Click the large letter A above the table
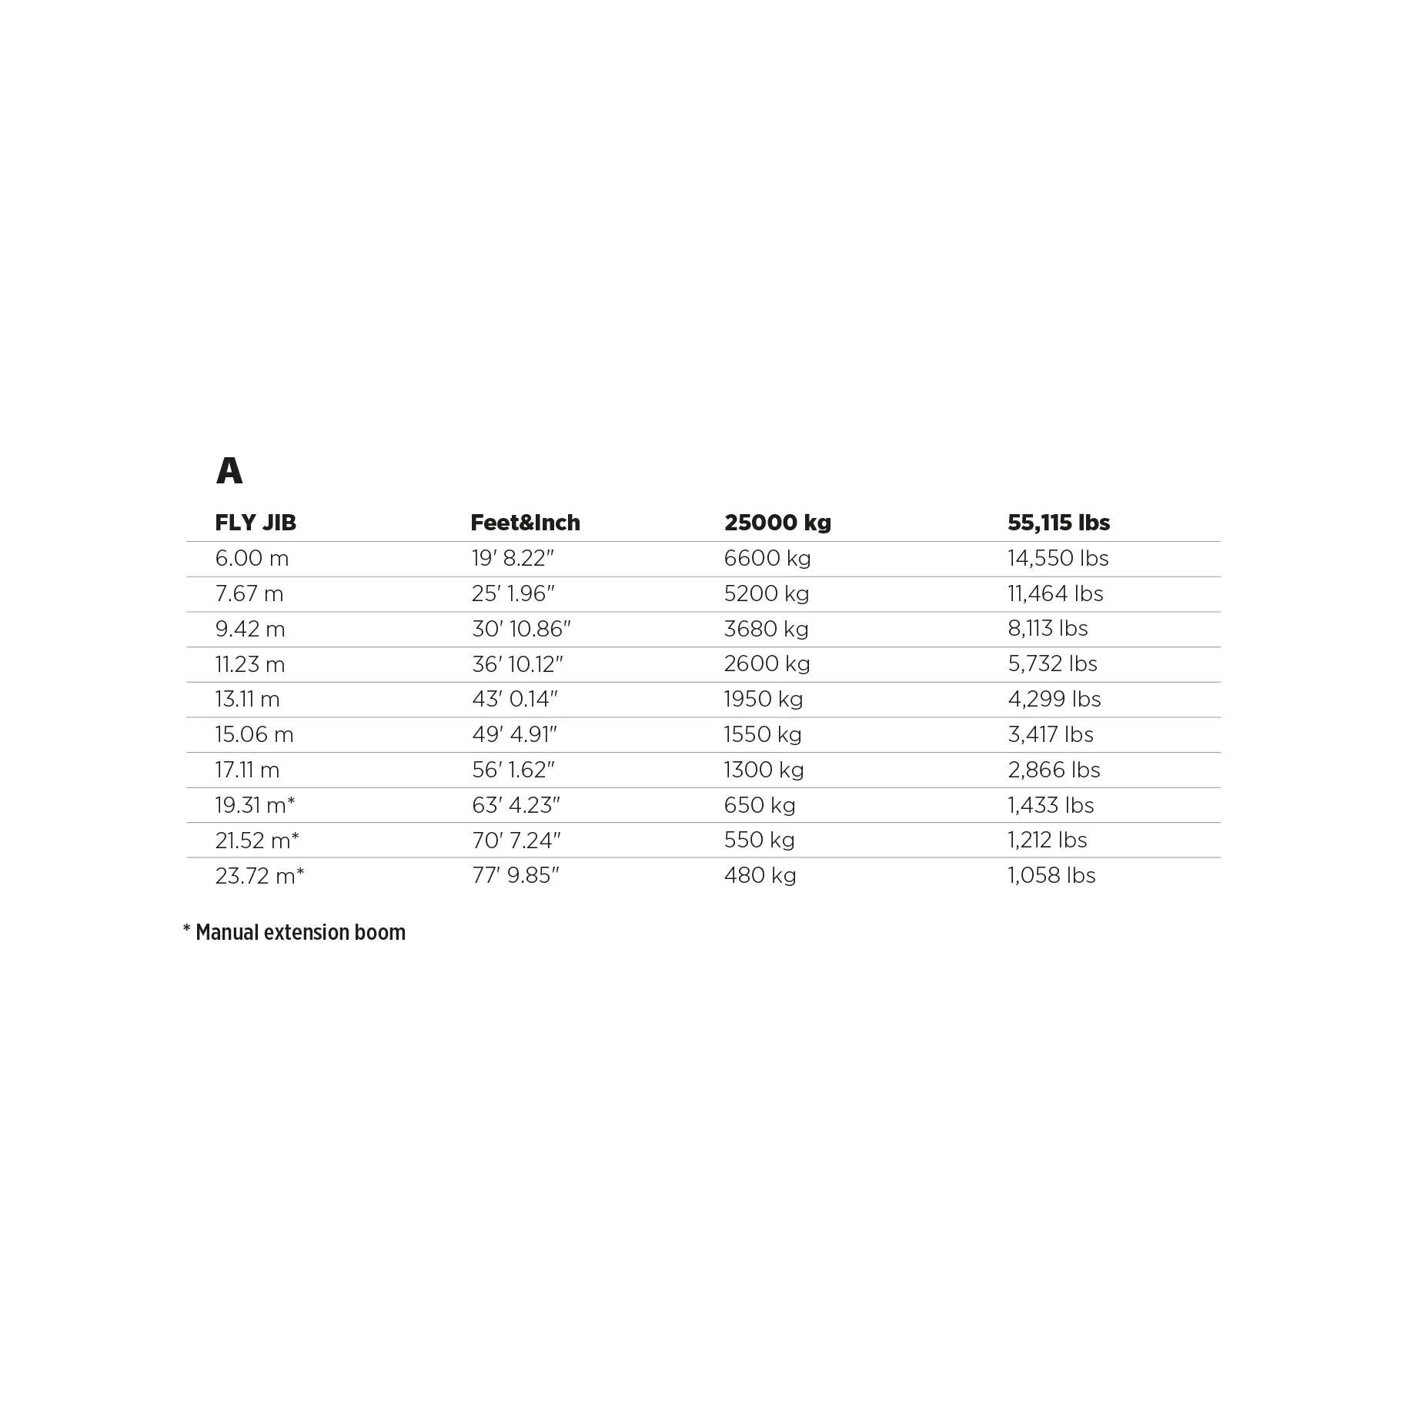(229, 470)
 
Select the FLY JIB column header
(256, 523)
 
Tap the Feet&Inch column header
(525, 523)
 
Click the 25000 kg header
(777, 523)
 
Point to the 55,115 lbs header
(1058, 523)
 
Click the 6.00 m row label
(252, 558)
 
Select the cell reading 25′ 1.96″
(513, 593)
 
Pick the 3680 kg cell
(766, 629)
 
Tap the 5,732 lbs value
(1052, 663)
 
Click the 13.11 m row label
(247, 699)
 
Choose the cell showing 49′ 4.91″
(514, 734)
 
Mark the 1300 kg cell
(764, 770)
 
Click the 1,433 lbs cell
(1051, 805)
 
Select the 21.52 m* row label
(257, 841)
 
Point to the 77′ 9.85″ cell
(516, 876)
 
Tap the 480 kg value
(760, 876)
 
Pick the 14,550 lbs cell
(1058, 558)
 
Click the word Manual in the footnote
(227, 933)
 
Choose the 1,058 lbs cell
(1051, 876)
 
